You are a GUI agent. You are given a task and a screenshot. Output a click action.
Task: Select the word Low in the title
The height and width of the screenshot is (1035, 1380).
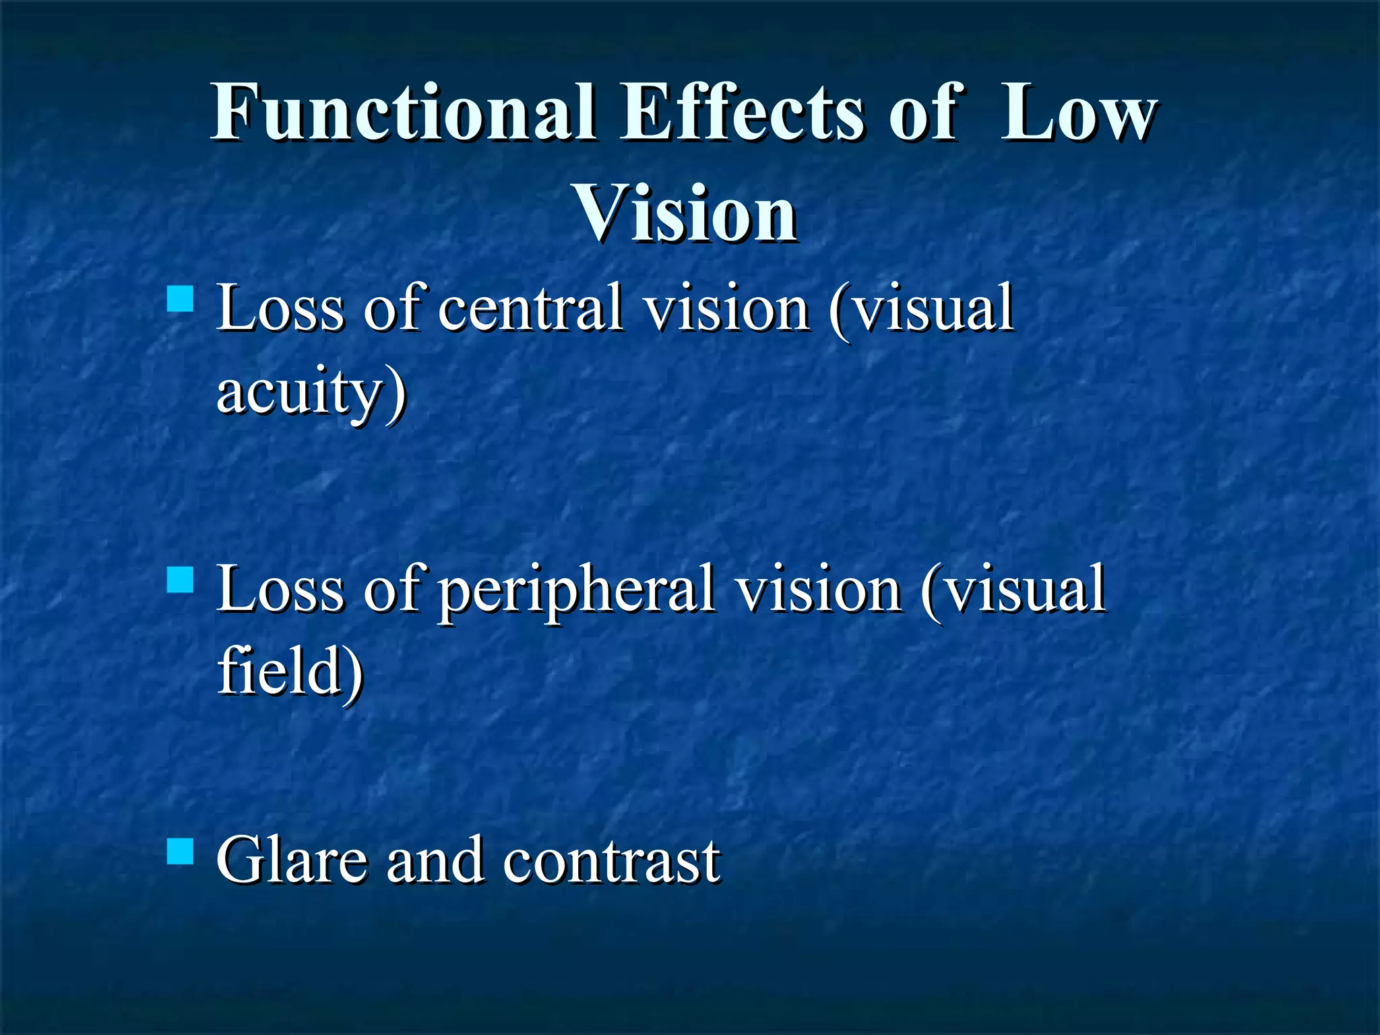point(1077,113)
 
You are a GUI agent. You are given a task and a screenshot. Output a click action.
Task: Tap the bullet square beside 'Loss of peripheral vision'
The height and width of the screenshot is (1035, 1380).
point(180,579)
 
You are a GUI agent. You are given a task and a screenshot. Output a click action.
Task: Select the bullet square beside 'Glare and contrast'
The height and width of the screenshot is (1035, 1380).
point(180,850)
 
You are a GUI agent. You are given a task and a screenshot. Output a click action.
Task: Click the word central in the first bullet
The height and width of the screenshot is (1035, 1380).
point(530,309)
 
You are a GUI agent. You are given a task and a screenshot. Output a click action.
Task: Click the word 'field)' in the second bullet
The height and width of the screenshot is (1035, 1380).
point(290,671)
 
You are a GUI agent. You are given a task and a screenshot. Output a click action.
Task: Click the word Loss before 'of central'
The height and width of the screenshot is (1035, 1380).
point(280,309)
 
